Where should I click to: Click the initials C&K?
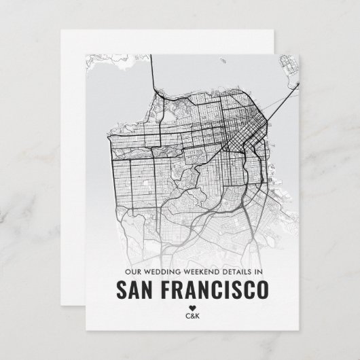coord(192,315)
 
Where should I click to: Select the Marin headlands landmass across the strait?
coord(112,68)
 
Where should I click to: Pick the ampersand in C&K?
coord(192,315)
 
